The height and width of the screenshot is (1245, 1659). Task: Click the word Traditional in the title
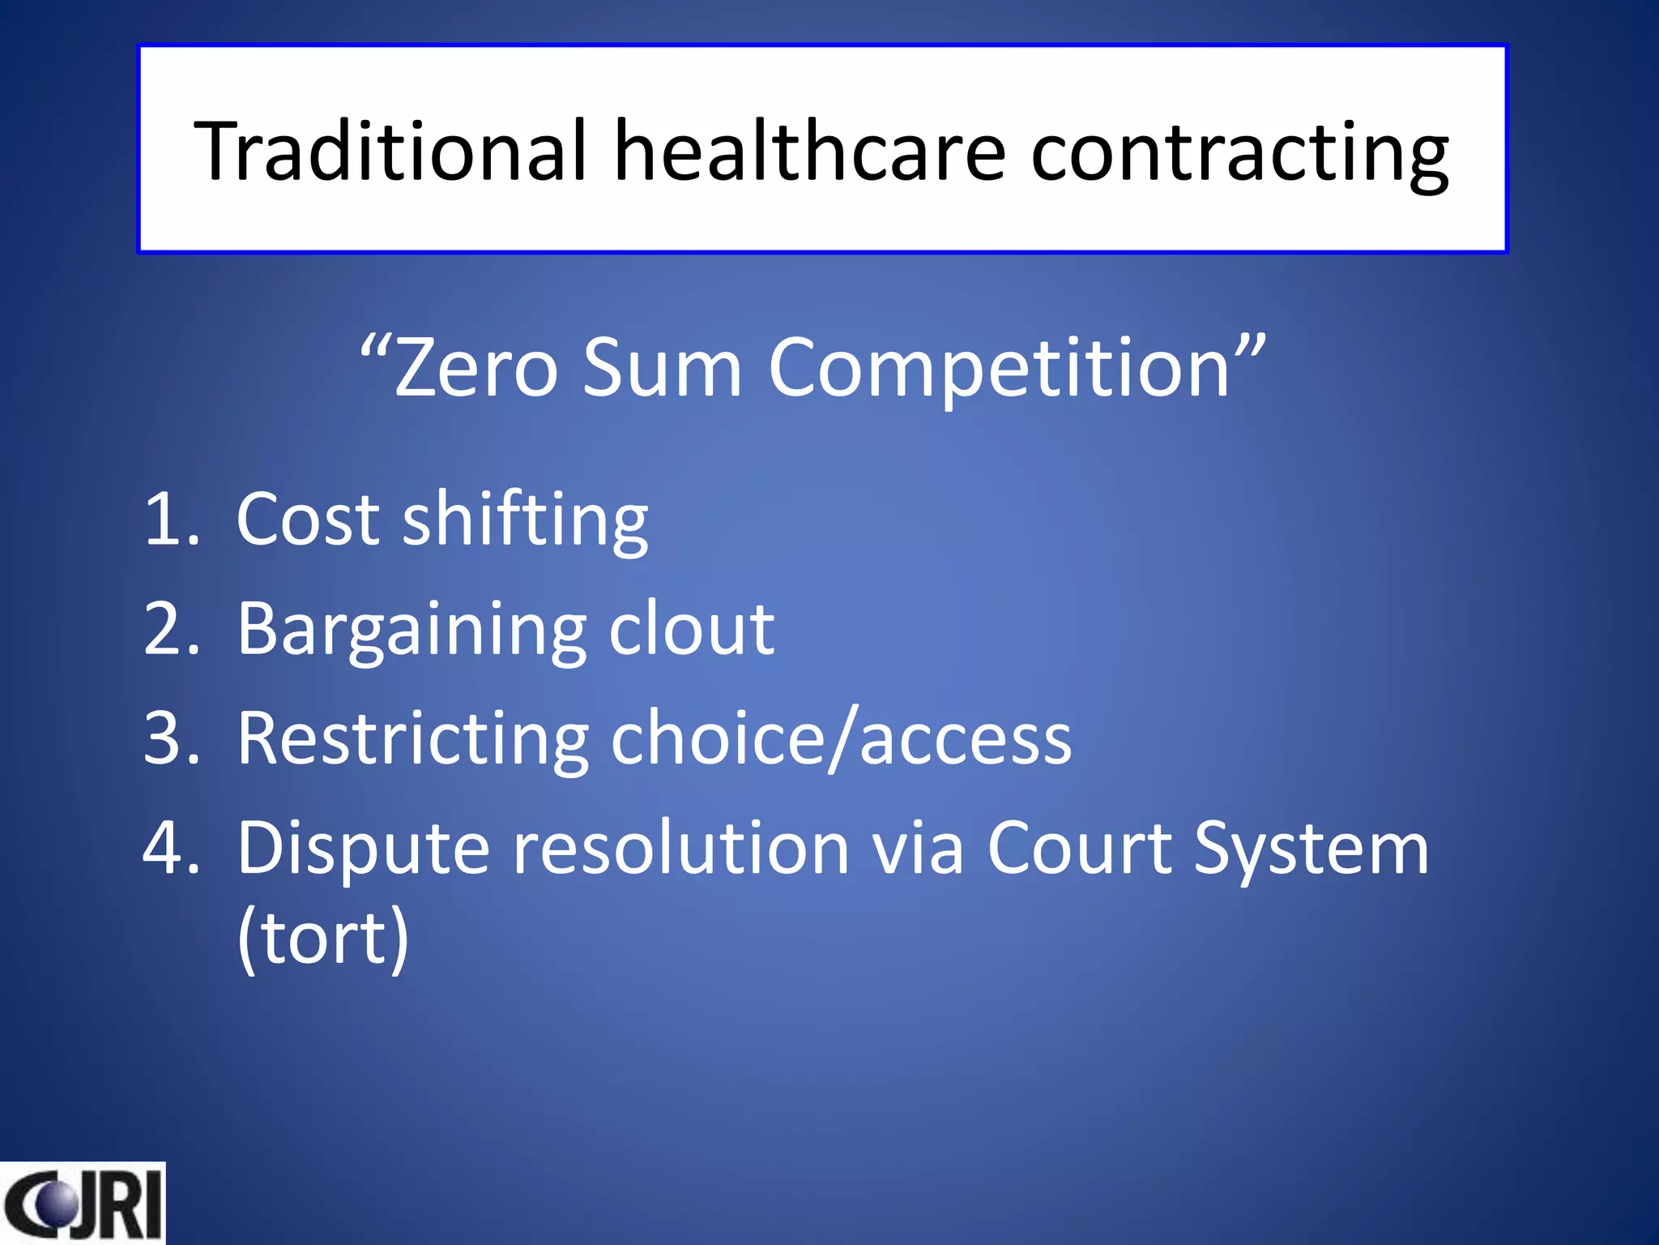pos(390,151)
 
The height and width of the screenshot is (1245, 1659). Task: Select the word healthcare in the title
pos(809,151)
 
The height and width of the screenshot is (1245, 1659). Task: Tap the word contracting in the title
pos(1239,154)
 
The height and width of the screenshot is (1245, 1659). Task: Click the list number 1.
pos(170,519)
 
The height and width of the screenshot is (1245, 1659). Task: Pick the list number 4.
pos(170,848)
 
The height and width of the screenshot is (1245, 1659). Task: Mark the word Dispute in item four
pos(363,849)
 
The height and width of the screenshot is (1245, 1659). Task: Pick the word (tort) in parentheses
pos(322,938)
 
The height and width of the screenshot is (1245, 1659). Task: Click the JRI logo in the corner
pos(82,1203)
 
